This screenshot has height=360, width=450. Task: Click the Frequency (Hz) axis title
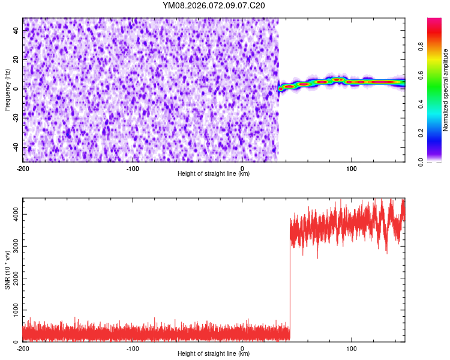click(x=7, y=89)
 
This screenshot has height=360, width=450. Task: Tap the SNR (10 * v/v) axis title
click(x=7, y=269)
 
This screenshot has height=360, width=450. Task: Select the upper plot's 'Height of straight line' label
click(x=214, y=173)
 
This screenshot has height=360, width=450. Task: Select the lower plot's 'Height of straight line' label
click(x=214, y=353)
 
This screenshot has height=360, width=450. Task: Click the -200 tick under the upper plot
click(x=23, y=168)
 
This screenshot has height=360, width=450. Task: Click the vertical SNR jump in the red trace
click(x=290, y=276)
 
